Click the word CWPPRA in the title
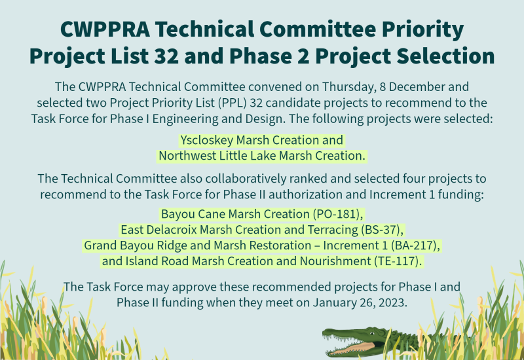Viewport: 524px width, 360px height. (x=105, y=29)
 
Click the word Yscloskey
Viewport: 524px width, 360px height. (x=206, y=140)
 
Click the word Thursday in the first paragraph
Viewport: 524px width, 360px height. (x=347, y=87)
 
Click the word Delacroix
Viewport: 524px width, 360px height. (x=172, y=230)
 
